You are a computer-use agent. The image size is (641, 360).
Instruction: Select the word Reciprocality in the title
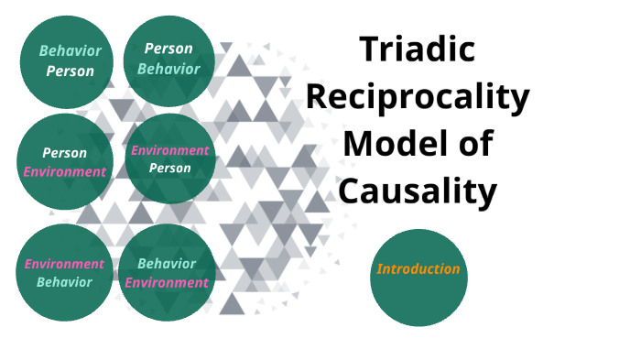[x=418, y=96]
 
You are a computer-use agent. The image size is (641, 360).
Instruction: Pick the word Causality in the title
[x=418, y=191]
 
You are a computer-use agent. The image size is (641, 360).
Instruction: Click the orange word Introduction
[x=418, y=269]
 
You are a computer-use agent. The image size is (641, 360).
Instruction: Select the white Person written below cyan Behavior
[x=71, y=71]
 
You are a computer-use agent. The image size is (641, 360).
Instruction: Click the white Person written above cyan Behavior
[x=168, y=49]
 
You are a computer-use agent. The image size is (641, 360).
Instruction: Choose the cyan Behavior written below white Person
[x=168, y=68]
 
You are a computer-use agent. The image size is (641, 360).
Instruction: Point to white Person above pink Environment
[x=65, y=153]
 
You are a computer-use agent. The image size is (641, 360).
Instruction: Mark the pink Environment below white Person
[x=65, y=171]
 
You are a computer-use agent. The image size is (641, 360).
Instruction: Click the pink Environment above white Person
[x=169, y=150]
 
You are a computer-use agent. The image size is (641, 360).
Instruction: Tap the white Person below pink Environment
[x=169, y=169]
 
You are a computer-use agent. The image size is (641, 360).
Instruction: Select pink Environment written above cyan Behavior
[x=64, y=264]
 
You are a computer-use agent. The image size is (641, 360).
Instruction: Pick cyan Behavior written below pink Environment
[x=64, y=282]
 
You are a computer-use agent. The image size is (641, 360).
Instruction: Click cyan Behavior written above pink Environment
[x=167, y=264]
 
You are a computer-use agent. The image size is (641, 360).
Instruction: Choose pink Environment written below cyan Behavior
[x=167, y=282]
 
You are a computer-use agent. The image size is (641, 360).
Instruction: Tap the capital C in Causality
[x=349, y=191]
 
